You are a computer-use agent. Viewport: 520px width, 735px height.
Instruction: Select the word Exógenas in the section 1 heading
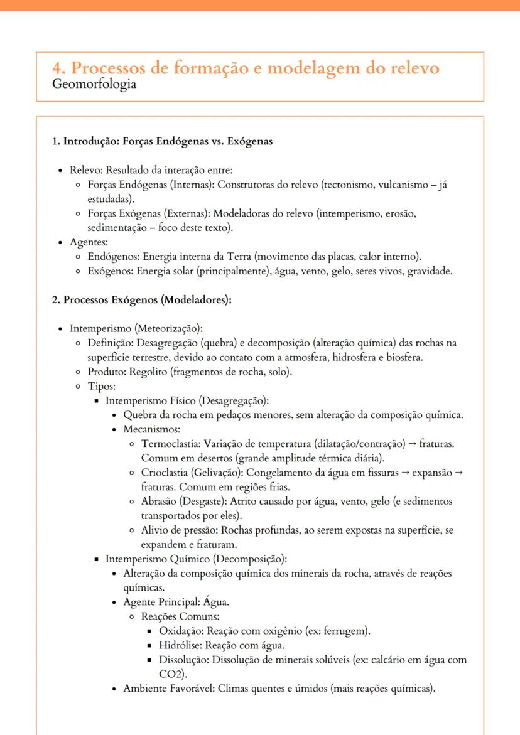[249, 141]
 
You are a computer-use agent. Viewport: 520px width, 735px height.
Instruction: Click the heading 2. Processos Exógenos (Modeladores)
[142, 299]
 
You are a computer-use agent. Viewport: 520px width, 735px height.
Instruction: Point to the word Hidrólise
[180, 645]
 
